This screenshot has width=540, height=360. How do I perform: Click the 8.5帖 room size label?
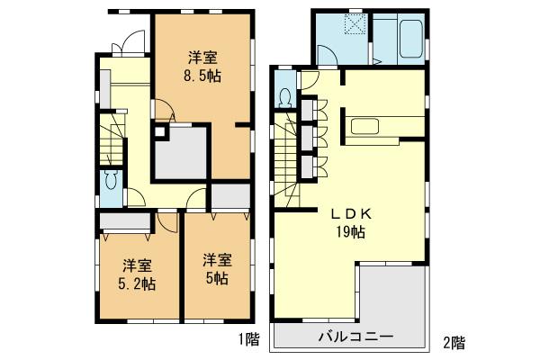tap(199, 76)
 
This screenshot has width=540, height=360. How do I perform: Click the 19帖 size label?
tap(351, 231)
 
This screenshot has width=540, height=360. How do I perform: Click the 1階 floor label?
tap(247, 339)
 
